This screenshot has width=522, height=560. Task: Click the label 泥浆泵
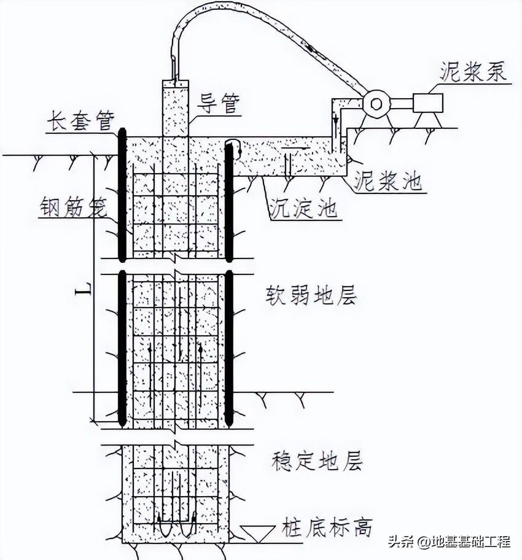[x=473, y=72]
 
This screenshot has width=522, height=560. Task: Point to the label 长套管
[x=80, y=122]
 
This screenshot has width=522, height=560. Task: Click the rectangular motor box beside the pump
[x=427, y=103]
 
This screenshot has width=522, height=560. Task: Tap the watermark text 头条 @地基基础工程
[x=448, y=542]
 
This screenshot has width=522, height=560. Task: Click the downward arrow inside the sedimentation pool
[x=288, y=163]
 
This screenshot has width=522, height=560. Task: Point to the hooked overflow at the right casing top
[x=233, y=145]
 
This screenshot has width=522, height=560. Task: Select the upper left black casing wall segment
[x=122, y=195]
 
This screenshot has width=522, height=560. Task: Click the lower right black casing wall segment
[x=229, y=348]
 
